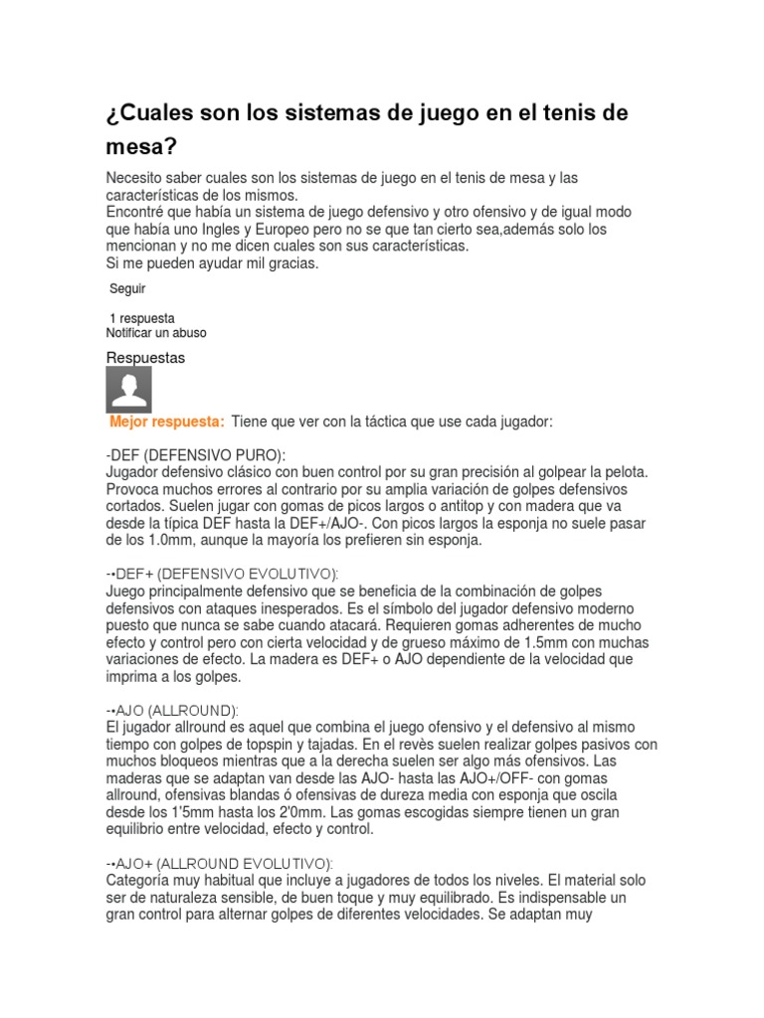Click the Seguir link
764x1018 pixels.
[127, 288]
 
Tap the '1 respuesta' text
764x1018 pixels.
[141, 318]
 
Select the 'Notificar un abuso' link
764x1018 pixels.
[156, 333]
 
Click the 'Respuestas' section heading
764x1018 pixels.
[145, 357]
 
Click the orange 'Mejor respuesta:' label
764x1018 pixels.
[168, 422]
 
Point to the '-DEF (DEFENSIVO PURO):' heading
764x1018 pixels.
[195, 454]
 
